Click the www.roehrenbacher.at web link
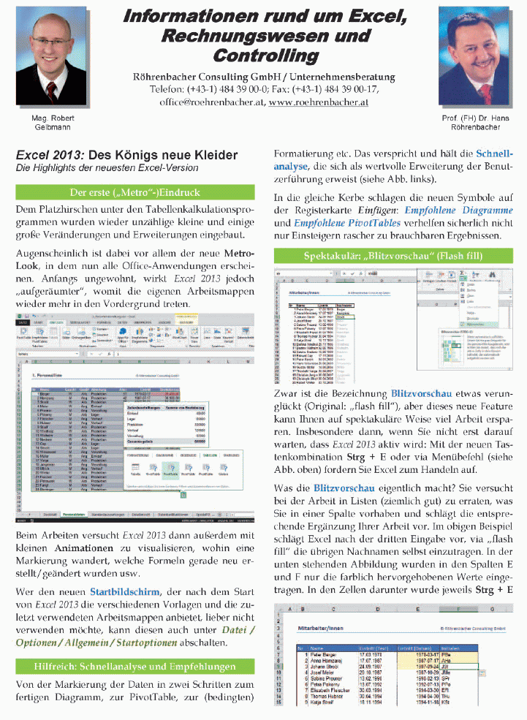pos(318,102)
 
